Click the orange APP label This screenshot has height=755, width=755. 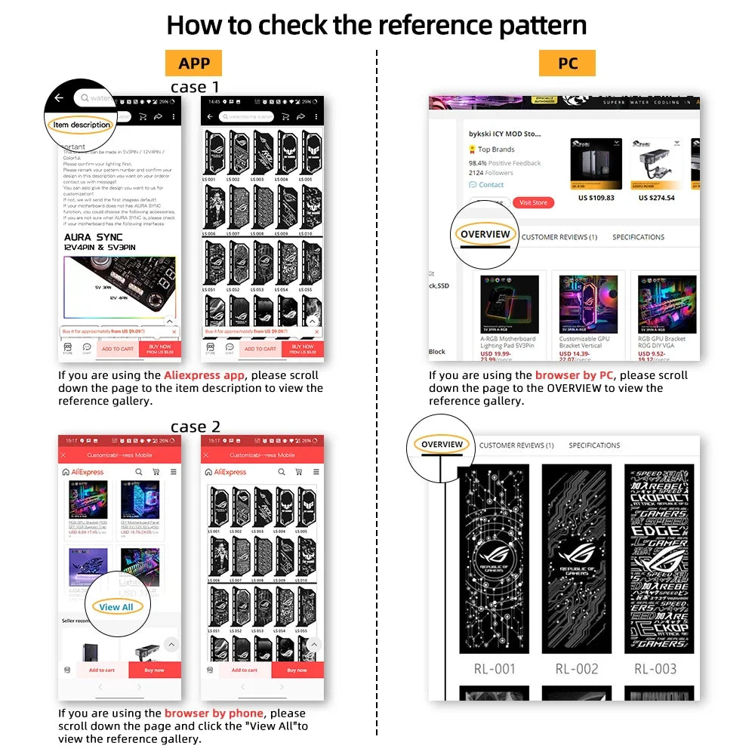(x=194, y=63)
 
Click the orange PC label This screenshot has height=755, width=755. (x=567, y=63)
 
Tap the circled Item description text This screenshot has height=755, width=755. (x=82, y=125)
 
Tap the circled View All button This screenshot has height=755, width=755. (x=116, y=607)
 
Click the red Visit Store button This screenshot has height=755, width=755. (x=533, y=202)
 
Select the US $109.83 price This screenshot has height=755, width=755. (x=596, y=198)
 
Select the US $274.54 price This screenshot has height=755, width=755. (x=656, y=198)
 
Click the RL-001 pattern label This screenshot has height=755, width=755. (x=495, y=668)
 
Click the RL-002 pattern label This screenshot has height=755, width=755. (x=576, y=668)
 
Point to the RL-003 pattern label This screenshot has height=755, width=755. (x=655, y=668)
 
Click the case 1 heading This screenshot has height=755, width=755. (x=195, y=87)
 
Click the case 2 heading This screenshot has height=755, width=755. (x=195, y=427)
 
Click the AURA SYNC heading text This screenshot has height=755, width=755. (x=93, y=237)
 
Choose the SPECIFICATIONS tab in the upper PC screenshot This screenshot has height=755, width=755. (x=638, y=237)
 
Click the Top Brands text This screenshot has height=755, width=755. (x=496, y=149)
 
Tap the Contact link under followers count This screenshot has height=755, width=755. (x=491, y=184)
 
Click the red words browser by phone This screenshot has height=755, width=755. (x=214, y=713)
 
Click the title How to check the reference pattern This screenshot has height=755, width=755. (x=376, y=25)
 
